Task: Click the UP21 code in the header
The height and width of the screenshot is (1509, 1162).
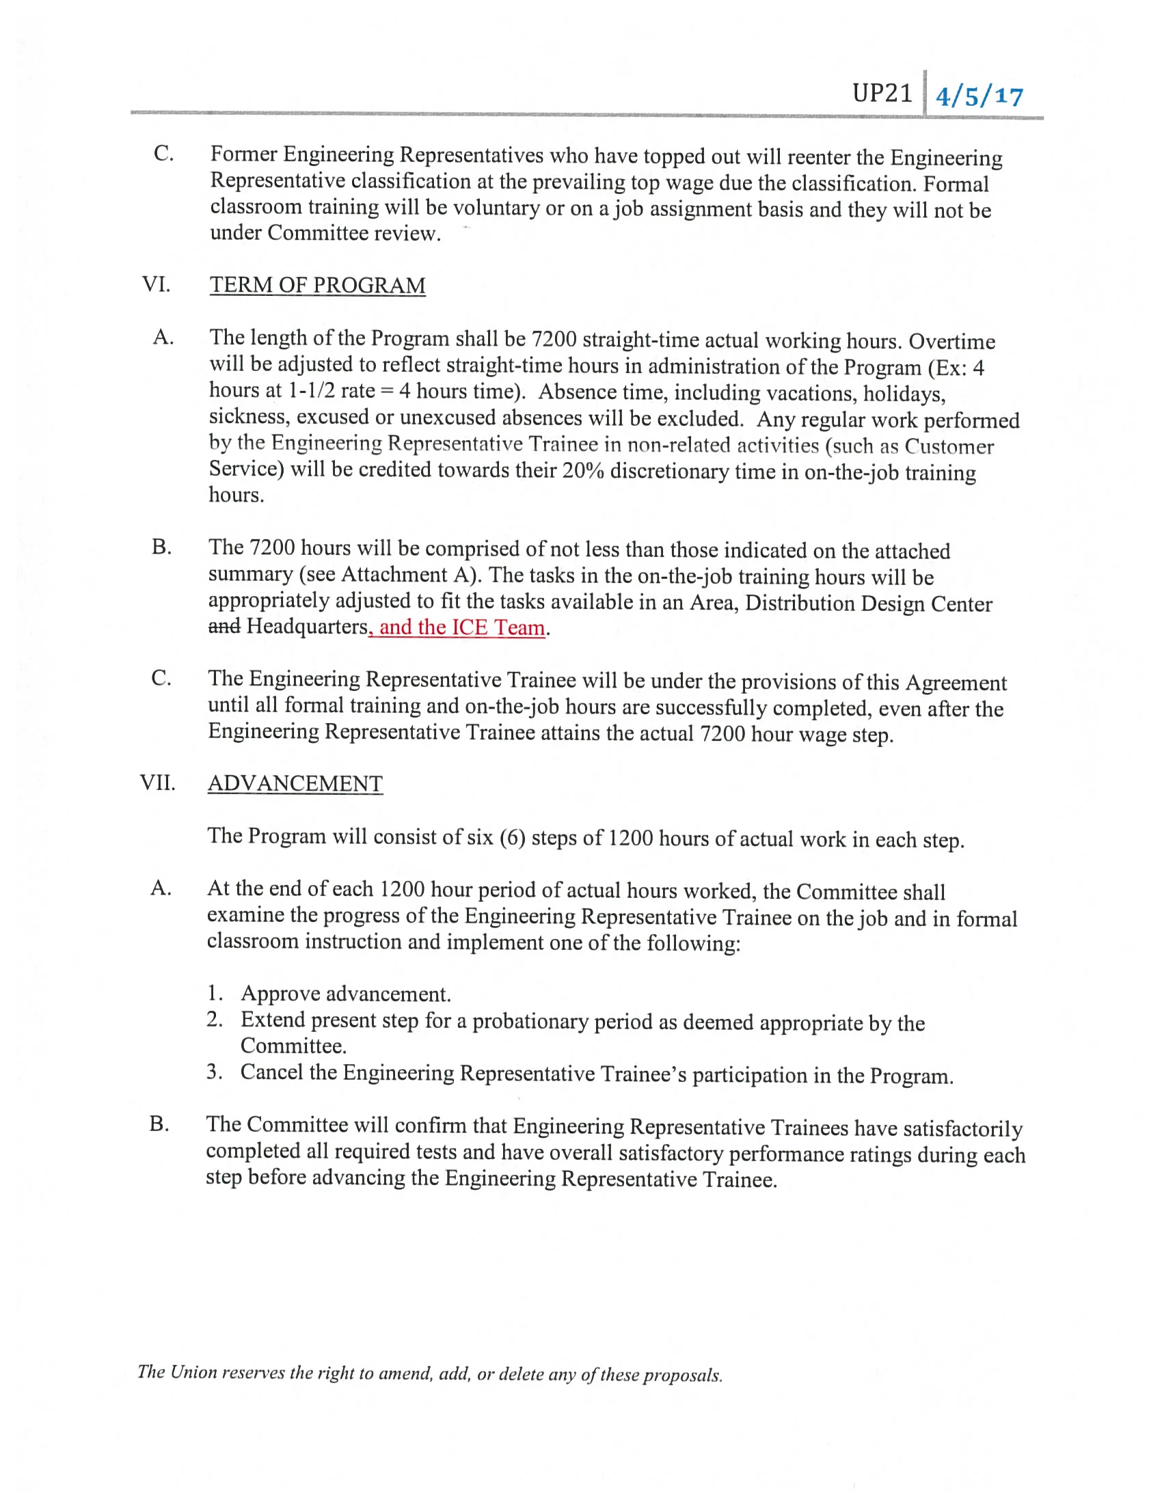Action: (882, 92)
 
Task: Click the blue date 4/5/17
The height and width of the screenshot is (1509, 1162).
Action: (978, 96)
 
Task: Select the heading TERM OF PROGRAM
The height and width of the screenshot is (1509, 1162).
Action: (317, 286)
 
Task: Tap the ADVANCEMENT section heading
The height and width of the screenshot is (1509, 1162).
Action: (295, 783)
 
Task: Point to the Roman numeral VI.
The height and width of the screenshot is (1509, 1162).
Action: (155, 284)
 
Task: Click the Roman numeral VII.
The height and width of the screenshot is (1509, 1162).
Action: (157, 783)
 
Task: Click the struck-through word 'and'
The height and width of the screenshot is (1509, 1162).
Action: (224, 626)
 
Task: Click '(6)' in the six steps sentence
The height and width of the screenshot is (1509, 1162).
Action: (511, 837)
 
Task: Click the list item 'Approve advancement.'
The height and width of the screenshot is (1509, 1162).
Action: (345, 994)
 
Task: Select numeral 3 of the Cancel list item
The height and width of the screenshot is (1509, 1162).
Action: (213, 1072)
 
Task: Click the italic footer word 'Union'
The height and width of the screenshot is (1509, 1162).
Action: (193, 1372)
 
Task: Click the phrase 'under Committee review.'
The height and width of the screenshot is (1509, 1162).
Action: (325, 233)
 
